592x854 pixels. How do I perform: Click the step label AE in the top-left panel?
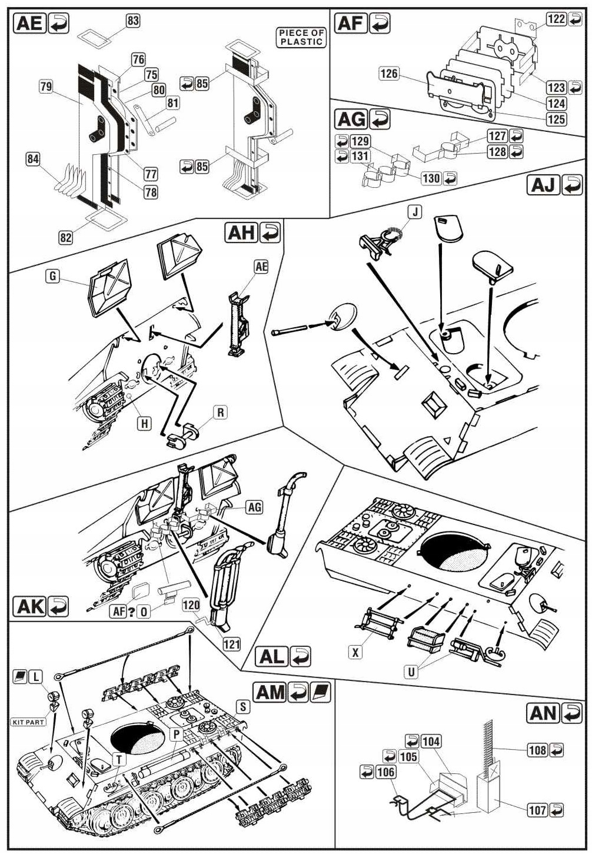click(30, 23)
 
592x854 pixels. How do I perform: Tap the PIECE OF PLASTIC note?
click(301, 37)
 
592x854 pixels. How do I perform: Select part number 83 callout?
click(133, 21)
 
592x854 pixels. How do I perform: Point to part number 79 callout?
click(46, 87)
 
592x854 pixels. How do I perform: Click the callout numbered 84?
click(33, 158)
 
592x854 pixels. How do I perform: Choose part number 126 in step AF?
click(389, 74)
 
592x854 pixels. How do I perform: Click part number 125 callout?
click(556, 119)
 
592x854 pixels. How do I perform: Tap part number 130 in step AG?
click(431, 178)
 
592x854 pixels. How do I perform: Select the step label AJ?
click(543, 185)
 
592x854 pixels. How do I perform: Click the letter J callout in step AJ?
click(415, 212)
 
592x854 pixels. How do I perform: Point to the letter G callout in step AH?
click(54, 275)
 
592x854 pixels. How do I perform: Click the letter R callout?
click(221, 413)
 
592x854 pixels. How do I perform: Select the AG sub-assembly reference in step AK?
click(254, 507)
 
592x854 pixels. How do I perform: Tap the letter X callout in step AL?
click(355, 652)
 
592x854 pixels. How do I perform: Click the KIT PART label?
click(28, 722)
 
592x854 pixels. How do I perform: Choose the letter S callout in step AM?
click(242, 706)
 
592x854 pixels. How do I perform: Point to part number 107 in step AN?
click(537, 810)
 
